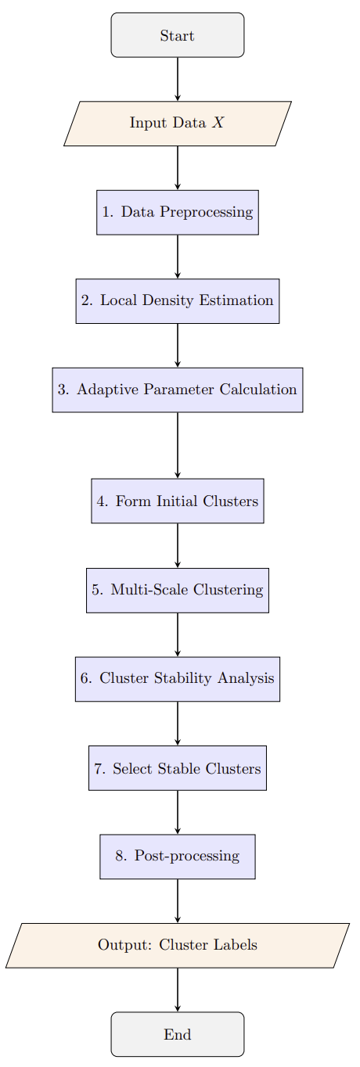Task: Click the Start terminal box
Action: click(178, 35)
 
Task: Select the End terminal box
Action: click(178, 1034)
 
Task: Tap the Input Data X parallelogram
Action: click(178, 124)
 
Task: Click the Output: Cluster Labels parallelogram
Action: click(178, 945)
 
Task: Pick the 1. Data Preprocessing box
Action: click(178, 212)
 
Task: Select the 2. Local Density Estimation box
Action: click(178, 301)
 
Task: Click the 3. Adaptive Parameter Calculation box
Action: click(178, 390)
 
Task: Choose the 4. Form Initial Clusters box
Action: click(178, 501)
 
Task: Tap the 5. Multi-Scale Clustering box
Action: click(178, 590)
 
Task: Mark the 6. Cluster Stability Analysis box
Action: click(178, 679)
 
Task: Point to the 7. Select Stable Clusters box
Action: click(178, 768)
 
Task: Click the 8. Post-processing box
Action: click(178, 857)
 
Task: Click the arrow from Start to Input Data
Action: click(178, 79)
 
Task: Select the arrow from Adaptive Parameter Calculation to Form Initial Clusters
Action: click(178, 445)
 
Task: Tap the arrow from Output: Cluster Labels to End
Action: click(178, 990)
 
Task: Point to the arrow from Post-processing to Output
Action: click(178, 901)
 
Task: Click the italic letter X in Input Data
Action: click(218, 124)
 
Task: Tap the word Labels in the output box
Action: click(236, 945)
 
